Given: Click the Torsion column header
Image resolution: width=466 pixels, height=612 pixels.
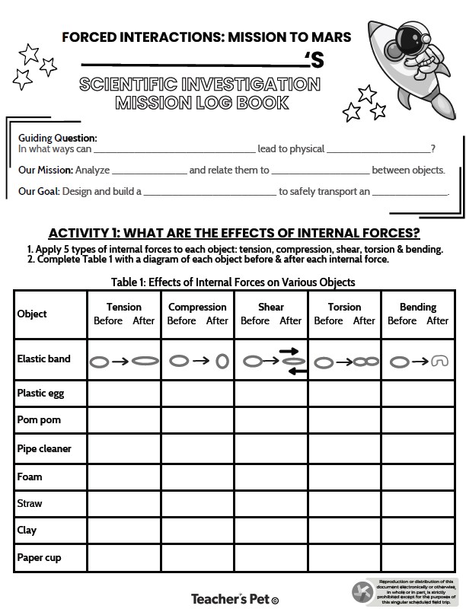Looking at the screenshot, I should (344, 307).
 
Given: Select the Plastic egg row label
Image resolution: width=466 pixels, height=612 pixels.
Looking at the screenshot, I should (39, 394).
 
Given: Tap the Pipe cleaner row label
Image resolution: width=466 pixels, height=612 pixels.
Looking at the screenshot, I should (44, 448).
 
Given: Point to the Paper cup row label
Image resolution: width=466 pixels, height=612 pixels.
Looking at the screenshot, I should (39, 558).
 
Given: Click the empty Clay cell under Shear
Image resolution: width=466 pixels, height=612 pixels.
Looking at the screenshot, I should (270, 531).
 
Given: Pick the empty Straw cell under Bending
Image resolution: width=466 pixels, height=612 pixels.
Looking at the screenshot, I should (418, 503).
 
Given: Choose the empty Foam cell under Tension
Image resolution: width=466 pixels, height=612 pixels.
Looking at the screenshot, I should (124, 477).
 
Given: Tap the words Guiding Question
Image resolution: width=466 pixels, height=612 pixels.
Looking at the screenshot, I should (58, 138).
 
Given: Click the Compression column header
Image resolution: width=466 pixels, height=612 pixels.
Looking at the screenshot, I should (197, 307).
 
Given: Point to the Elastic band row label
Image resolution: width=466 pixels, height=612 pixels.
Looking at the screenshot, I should (43, 359).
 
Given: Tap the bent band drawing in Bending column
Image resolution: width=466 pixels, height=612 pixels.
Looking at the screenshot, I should (439, 362).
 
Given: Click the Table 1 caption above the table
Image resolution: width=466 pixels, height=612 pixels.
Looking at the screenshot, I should (233, 282).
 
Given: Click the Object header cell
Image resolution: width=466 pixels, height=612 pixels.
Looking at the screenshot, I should (32, 314).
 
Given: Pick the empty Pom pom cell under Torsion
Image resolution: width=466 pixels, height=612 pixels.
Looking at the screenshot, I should (344, 420).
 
